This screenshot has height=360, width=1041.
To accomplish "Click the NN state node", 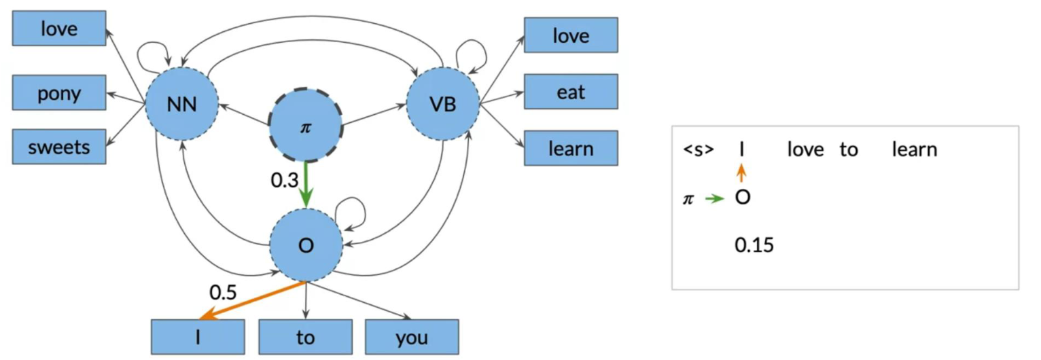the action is tap(181, 104).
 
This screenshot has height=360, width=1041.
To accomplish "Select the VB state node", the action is tap(443, 104).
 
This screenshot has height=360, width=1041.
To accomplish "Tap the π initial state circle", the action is tap(306, 126).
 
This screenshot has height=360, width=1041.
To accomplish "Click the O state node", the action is tap(306, 245).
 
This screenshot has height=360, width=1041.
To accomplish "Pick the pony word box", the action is tap(59, 92).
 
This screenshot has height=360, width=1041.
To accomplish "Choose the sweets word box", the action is tap(59, 147).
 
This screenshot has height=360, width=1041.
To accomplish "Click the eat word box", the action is tap(571, 92).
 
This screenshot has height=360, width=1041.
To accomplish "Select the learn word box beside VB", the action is tap(571, 148).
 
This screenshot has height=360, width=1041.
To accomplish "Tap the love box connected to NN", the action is tap(59, 29).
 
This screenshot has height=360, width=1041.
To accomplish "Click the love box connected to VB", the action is tap(571, 35).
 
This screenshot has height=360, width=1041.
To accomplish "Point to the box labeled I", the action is tap(198, 337).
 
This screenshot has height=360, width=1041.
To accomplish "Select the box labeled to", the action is tap(305, 337).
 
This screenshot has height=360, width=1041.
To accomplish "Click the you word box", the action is tap(412, 337).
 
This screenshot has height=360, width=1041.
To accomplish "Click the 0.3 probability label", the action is tap(285, 180).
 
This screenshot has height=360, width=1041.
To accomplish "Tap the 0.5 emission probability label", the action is tap(223, 292).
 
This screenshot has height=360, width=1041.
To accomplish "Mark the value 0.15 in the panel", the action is tap(754, 245).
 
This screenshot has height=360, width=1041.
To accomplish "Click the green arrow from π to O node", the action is tap(306, 184).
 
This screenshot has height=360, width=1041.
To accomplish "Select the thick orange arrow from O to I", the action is tap(252, 300).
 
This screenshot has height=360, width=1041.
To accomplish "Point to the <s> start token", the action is tap(698, 149).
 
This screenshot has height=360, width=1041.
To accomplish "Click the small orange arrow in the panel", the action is tap(742, 173).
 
